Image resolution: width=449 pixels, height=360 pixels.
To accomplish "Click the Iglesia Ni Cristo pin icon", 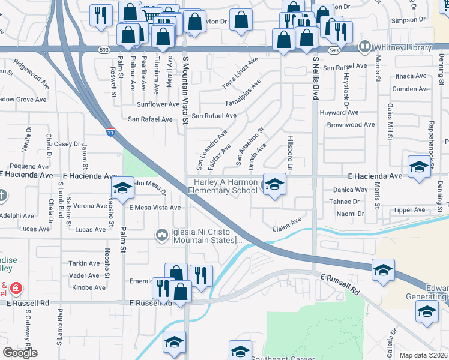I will [x=161, y=235].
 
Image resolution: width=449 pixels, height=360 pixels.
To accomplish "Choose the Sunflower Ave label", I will [x=158, y=104].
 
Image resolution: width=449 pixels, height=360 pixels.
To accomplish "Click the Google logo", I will [x=20, y=353].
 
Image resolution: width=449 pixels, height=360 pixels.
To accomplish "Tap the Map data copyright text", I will [x=424, y=355].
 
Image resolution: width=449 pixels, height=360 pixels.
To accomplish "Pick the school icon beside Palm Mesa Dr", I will [x=122, y=189].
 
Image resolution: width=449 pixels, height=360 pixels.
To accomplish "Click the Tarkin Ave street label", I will [x=84, y=263].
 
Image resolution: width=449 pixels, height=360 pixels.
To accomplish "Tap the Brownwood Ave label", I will [x=351, y=125].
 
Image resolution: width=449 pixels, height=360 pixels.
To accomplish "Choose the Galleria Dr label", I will [x=394, y=340].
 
